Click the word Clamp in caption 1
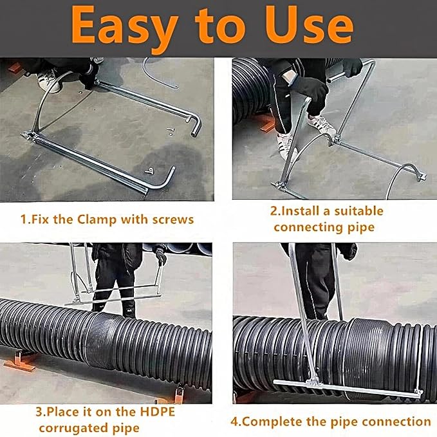coord(97,219)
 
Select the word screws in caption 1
coord(172,220)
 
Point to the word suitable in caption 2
coord(359,211)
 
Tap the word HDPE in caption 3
coord(157,412)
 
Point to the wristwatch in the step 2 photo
coord(289,77)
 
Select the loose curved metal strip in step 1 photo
coord(158,75)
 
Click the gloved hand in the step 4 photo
coord(351,251)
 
